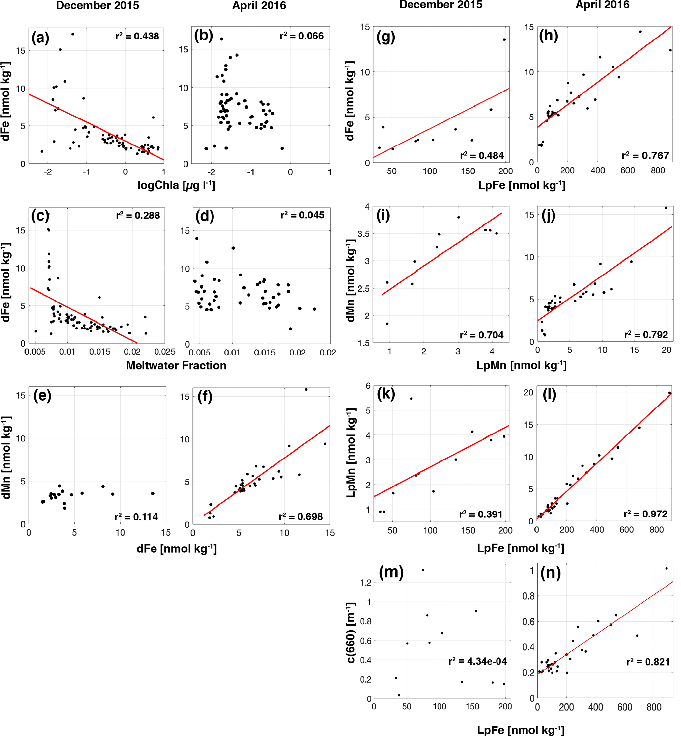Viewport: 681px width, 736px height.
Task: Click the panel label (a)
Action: click(40, 38)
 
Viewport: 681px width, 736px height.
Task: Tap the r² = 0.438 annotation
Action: click(137, 36)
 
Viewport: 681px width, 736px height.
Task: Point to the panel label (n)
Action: click(550, 573)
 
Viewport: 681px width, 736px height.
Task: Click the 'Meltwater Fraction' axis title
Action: click(176, 365)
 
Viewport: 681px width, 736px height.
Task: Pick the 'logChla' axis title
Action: click(176, 185)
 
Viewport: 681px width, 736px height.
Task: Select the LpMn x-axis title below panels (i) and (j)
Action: click(521, 365)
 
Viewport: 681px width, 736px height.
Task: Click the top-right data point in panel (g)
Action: click(504, 40)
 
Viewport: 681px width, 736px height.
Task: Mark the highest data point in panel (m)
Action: click(423, 570)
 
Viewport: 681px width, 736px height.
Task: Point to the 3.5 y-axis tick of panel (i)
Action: click(364, 234)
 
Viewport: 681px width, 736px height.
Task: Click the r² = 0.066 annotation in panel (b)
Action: click(301, 36)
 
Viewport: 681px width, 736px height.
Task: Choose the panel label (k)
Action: click(386, 394)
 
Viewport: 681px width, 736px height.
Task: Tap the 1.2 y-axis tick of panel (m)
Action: click(366, 583)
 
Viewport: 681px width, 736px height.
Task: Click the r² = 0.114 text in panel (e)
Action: click(136, 517)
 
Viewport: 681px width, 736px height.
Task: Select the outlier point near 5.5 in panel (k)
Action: click(411, 399)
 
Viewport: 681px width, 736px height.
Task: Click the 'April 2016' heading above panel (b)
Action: click(259, 6)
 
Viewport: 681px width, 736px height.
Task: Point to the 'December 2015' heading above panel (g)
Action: click(441, 5)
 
